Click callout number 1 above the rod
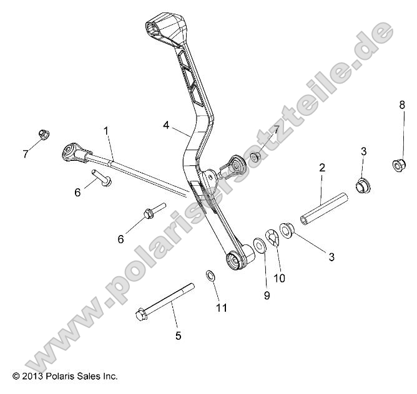(106, 131)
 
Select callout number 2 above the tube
(322, 168)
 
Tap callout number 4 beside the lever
(167, 125)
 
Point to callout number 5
(178, 336)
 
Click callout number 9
(267, 295)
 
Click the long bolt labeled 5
(164, 300)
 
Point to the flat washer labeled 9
(259, 244)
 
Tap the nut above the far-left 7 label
(43, 134)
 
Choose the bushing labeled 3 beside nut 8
(362, 185)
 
